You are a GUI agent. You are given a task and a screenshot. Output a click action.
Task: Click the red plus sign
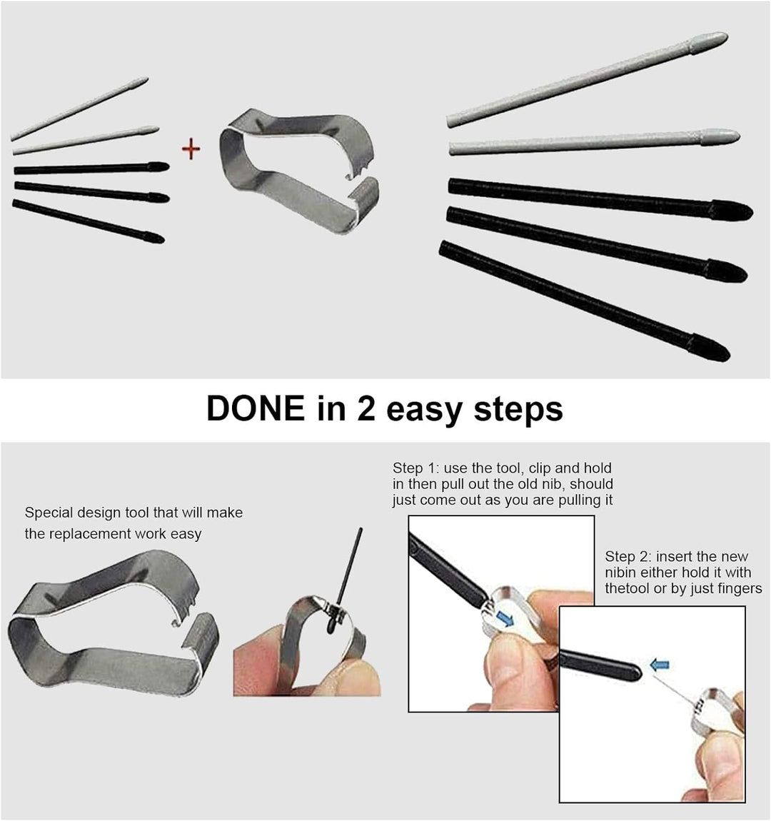191,149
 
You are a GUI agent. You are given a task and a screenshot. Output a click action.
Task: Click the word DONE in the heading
256,408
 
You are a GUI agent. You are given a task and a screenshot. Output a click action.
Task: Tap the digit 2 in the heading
366,408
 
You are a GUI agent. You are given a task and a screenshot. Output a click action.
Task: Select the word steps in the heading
518,410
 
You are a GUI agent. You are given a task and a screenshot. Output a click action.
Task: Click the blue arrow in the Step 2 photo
660,665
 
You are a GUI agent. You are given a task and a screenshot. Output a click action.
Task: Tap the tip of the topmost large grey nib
727,36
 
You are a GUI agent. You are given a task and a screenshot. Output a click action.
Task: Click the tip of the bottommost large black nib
728,356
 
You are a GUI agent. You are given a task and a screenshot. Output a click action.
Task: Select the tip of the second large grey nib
739,137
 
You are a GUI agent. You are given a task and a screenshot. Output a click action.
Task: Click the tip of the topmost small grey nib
147,79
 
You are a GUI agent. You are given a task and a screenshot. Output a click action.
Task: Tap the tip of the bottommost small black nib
163,241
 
